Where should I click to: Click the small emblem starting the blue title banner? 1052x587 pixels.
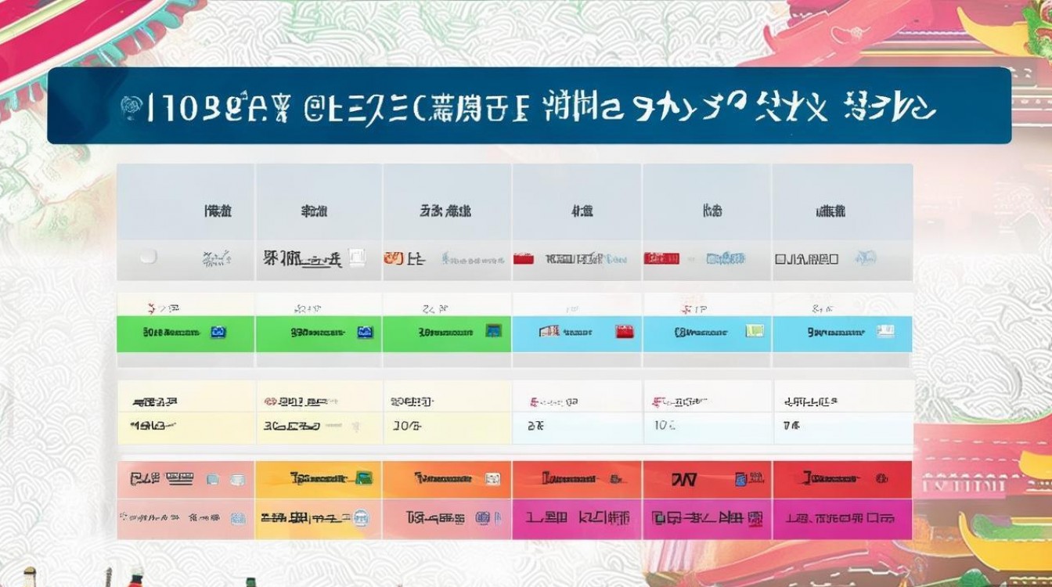pos(128,109)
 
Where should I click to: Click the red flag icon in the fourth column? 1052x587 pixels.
pos(524,257)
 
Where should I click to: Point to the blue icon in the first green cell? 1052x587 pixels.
pos(218,333)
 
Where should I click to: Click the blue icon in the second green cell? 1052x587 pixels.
pos(365,333)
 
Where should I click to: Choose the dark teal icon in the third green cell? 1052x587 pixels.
pos(493,331)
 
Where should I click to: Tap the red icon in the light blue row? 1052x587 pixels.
pos(624,331)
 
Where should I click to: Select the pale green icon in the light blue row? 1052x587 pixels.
pos(754,331)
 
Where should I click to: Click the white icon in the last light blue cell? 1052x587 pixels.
pos(885,331)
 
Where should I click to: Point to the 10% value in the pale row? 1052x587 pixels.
pos(665,427)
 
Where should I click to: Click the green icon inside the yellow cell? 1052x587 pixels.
pos(363,477)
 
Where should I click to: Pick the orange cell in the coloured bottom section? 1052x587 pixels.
pos(447,478)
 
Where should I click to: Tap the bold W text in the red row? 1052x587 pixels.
pos(683,478)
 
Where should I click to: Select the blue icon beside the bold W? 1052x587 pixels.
pos(740,478)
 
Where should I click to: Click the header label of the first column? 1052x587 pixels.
pos(218,211)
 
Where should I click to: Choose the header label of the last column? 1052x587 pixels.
pos(830,211)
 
